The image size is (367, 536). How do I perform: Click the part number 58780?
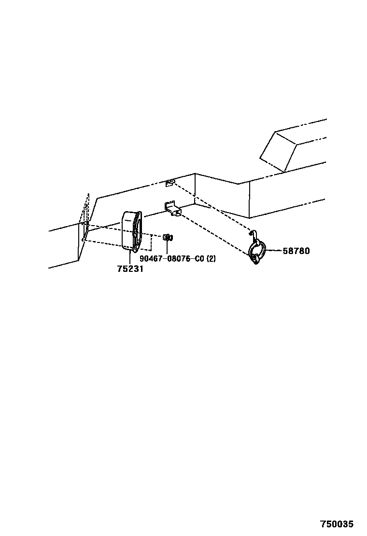(x=296, y=251)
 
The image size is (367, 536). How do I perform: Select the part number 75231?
(x=130, y=269)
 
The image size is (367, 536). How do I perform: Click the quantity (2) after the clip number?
(x=211, y=259)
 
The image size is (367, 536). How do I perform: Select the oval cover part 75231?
(x=131, y=231)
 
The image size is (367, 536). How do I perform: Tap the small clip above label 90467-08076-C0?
(x=167, y=238)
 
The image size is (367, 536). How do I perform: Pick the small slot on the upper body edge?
(x=169, y=182)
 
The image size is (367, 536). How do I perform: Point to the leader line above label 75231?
(x=130, y=257)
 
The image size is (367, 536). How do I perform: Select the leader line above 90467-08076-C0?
(x=167, y=248)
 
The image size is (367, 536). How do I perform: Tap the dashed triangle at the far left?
(x=86, y=212)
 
